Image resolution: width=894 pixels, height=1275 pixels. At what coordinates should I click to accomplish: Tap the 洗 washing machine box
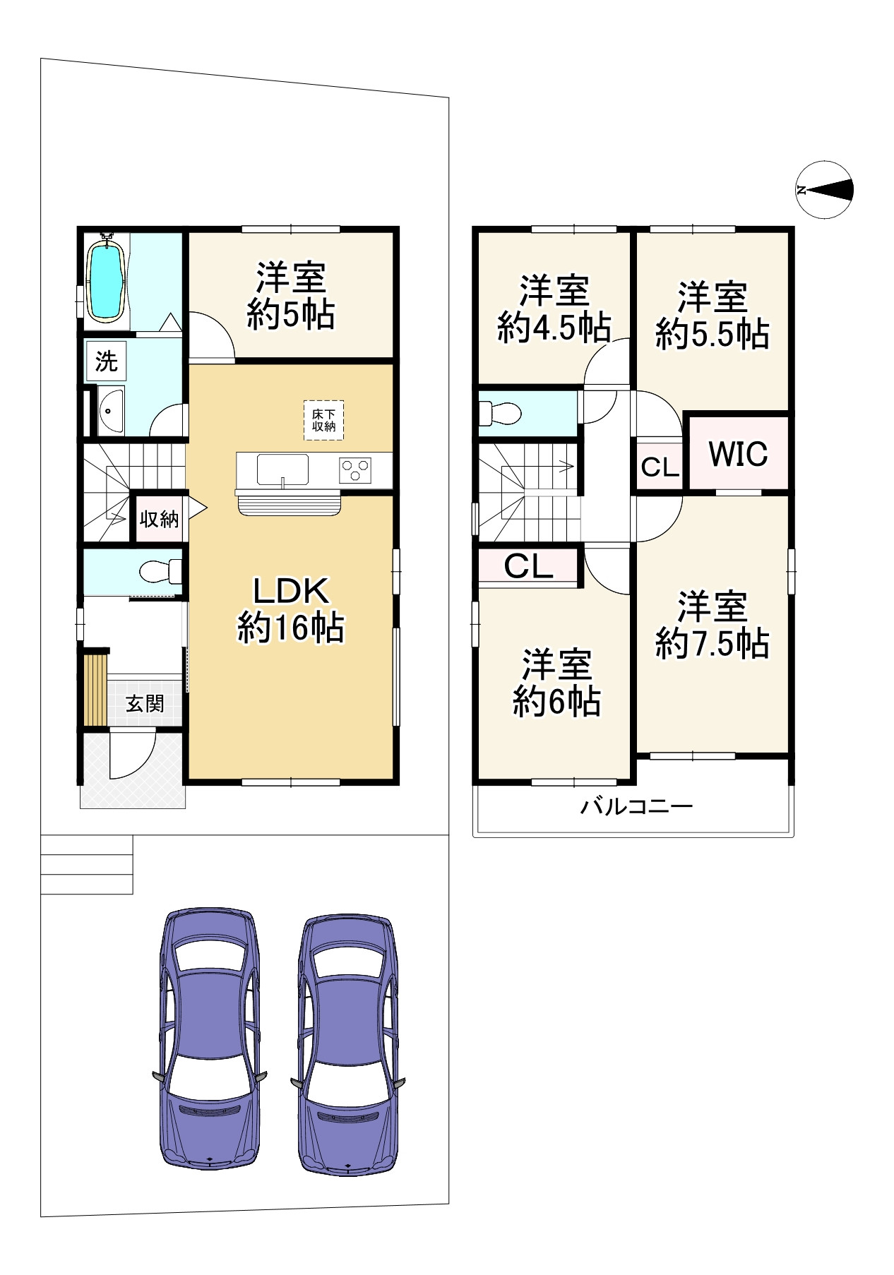pos(106,361)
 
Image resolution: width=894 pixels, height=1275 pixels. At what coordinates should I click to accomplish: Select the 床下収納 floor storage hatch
pos(324,421)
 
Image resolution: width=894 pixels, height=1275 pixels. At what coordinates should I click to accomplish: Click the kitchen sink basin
pos(282,470)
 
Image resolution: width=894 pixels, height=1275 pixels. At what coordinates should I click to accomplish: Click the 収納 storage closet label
pos(159,519)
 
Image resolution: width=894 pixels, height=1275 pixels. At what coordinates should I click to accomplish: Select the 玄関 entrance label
pos(145,703)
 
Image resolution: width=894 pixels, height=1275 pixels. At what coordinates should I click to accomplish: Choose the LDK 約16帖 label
pos(290,609)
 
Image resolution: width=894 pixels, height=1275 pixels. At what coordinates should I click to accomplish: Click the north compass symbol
pos(824,189)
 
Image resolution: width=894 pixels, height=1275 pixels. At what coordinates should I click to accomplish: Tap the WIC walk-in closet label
pos(738,454)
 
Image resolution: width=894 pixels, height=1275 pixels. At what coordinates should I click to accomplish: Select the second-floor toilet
pos(500,412)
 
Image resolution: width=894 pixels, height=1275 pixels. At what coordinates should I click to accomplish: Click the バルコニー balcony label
pos(636,806)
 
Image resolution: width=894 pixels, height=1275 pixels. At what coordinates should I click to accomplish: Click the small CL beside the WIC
pos(660,467)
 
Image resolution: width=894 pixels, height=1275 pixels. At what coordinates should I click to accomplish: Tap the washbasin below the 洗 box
pos(111,409)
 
